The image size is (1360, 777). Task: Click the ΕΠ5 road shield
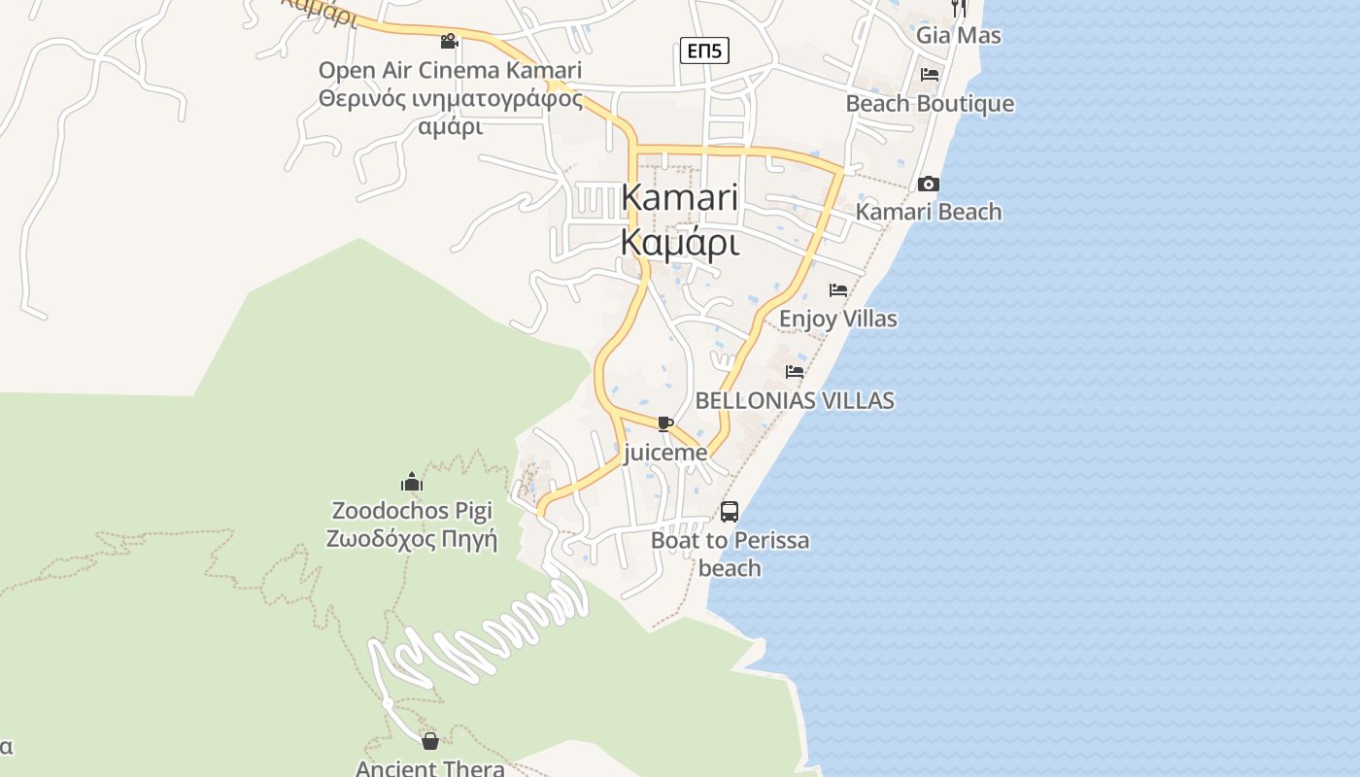click(x=703, y=51)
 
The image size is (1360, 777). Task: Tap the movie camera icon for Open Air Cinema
click(x=449, y=41)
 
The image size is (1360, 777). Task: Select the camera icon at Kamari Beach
click(x=929, y=184)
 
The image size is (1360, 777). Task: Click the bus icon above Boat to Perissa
click(x=730, y=512)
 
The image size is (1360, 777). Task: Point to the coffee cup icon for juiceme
click(x=664, y=423)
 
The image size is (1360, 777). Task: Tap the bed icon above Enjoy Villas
click(x=838, y=290)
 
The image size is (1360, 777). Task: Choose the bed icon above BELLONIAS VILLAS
click(x=795, y=372)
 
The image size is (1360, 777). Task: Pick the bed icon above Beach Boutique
click(x=930, y=75)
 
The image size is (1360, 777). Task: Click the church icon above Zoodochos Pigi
click(x=412, y=482)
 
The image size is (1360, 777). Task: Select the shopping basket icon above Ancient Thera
click(x=430, y=741)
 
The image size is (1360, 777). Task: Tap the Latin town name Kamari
click(x=679, y=197)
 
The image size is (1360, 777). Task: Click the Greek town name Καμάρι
click(x=679, y=243)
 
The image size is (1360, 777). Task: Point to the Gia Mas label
click(x=958, y=35)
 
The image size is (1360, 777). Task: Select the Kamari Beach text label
click(x=928, y=212)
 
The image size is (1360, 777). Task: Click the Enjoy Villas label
click(x=837, y=319)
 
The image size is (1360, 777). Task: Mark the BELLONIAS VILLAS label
click(x=795, y=400)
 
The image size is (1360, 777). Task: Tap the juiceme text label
click(x=664, y=453)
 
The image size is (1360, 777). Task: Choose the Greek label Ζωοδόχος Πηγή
click(x=412, y=539)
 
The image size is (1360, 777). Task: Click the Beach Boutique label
click(x=930, y=104)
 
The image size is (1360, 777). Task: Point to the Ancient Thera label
click(x=430, y=768)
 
